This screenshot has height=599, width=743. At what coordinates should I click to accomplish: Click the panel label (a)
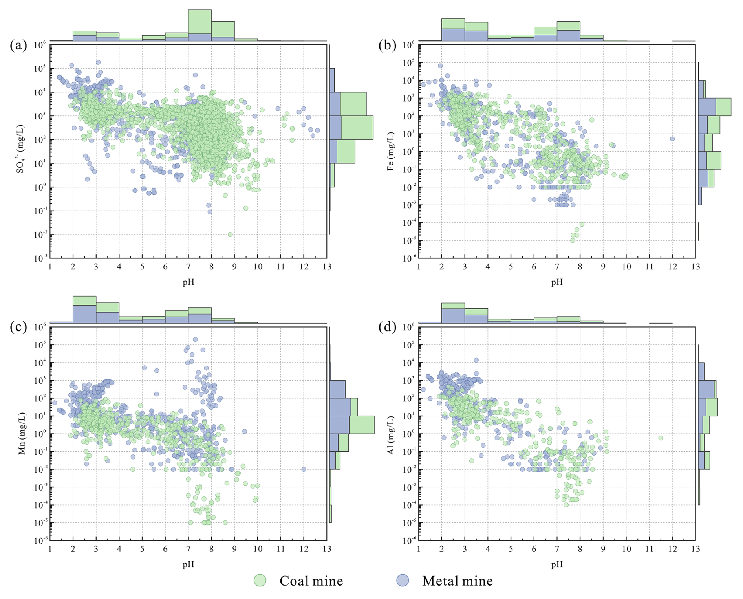coord(18,46)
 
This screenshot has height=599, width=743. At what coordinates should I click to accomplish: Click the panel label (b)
coord(387,46)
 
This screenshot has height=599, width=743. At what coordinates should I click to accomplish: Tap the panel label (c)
coord(18,327)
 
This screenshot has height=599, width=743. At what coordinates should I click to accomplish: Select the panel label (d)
coord(387,327)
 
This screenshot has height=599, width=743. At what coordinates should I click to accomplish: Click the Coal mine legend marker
coord(260,580)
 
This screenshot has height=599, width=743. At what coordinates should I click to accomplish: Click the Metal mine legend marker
coord(403,580)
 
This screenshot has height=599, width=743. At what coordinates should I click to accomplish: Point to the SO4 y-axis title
coord(20,149)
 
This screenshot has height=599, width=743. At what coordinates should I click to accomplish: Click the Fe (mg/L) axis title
coord(390,151)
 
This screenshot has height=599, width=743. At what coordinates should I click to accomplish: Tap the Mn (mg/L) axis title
coord(22,433)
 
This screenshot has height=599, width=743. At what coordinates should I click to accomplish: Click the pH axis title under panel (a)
coord(188,282)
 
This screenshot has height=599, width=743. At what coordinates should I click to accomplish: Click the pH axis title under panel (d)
coord(556,564)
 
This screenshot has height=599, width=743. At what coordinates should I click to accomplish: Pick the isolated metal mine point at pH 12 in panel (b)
coord(672,139)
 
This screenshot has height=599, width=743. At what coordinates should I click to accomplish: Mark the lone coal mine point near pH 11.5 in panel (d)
coord(661,438)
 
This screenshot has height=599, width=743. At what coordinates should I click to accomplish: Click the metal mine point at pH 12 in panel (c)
coord(304,469)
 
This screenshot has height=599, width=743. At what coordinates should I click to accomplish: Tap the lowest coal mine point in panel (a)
coord(230,234)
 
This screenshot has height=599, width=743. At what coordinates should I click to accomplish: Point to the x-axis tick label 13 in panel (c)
coord(327,549)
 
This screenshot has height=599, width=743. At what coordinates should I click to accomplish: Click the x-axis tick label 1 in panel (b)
coord(419,267)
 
